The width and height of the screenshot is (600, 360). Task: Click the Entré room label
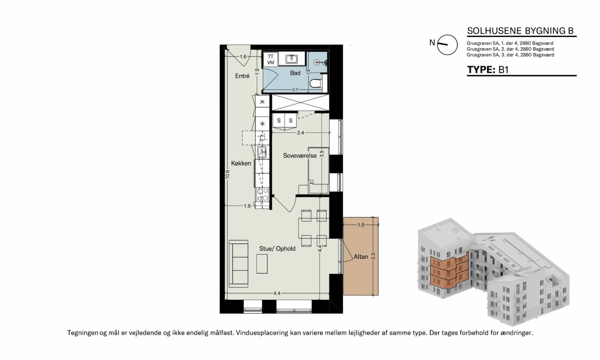coord(242,76)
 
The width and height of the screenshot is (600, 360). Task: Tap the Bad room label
coord(295,73)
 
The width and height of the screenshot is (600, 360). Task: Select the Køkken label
coord(241,163)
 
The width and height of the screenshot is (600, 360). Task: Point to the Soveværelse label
coord(300,156)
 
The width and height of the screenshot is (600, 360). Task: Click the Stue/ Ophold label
coord(277,249)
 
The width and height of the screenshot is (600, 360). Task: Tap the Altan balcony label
coord(361,256)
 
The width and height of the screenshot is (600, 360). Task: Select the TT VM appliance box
coord(270,60)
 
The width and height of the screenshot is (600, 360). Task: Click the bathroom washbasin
coord(291,58)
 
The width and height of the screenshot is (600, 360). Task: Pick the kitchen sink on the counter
coord(74,152)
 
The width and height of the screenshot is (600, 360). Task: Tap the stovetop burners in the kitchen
coord(75,195)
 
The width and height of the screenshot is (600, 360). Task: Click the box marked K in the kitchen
coord(262,102)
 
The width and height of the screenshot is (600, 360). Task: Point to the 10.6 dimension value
coord(227,174)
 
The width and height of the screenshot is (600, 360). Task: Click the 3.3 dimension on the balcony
coord(373,256)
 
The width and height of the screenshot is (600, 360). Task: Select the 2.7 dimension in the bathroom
coord(295,90)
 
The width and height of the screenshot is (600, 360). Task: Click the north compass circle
coord(447,45)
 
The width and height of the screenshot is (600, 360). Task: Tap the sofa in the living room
coord(238,264)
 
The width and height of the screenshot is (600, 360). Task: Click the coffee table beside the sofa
coord(262,264)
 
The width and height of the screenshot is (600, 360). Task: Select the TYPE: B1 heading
coord(488,70)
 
